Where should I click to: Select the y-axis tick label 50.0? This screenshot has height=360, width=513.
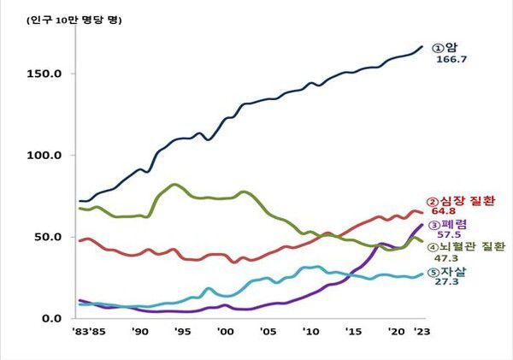pyautogui.click(x=50, y=237)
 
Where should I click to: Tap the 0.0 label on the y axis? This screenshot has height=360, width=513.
pyautogui.click(x=53, y=319)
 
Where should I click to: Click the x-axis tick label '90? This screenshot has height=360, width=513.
pyautogui.click(x=140, y=332)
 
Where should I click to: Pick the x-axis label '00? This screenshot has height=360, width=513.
pyautogui.click(x=225, y=332)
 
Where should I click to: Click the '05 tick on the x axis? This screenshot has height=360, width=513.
pyautogui.click(x=267, y=332)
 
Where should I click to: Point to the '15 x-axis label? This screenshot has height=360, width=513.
pyautogui.click(x=352, y=332)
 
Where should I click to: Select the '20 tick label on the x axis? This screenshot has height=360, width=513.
pyautogui.click(x=394, y=332)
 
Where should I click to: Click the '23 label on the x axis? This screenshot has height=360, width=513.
pyautogui.click(x=420, y=332)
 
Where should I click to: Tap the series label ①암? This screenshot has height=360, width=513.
pyautogui.click(x=444, y=49)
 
